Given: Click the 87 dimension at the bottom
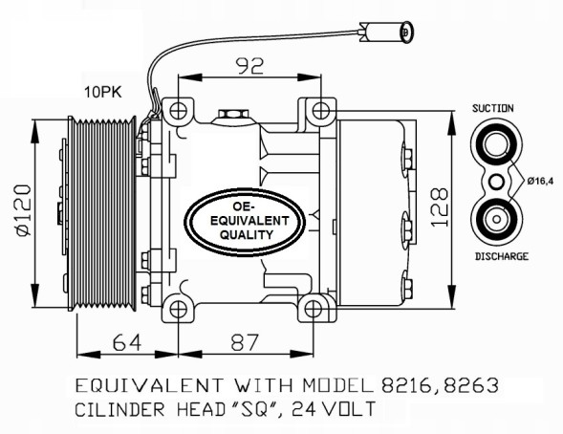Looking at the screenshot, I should point(245,341).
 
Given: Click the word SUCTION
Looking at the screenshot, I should point(493,108).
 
